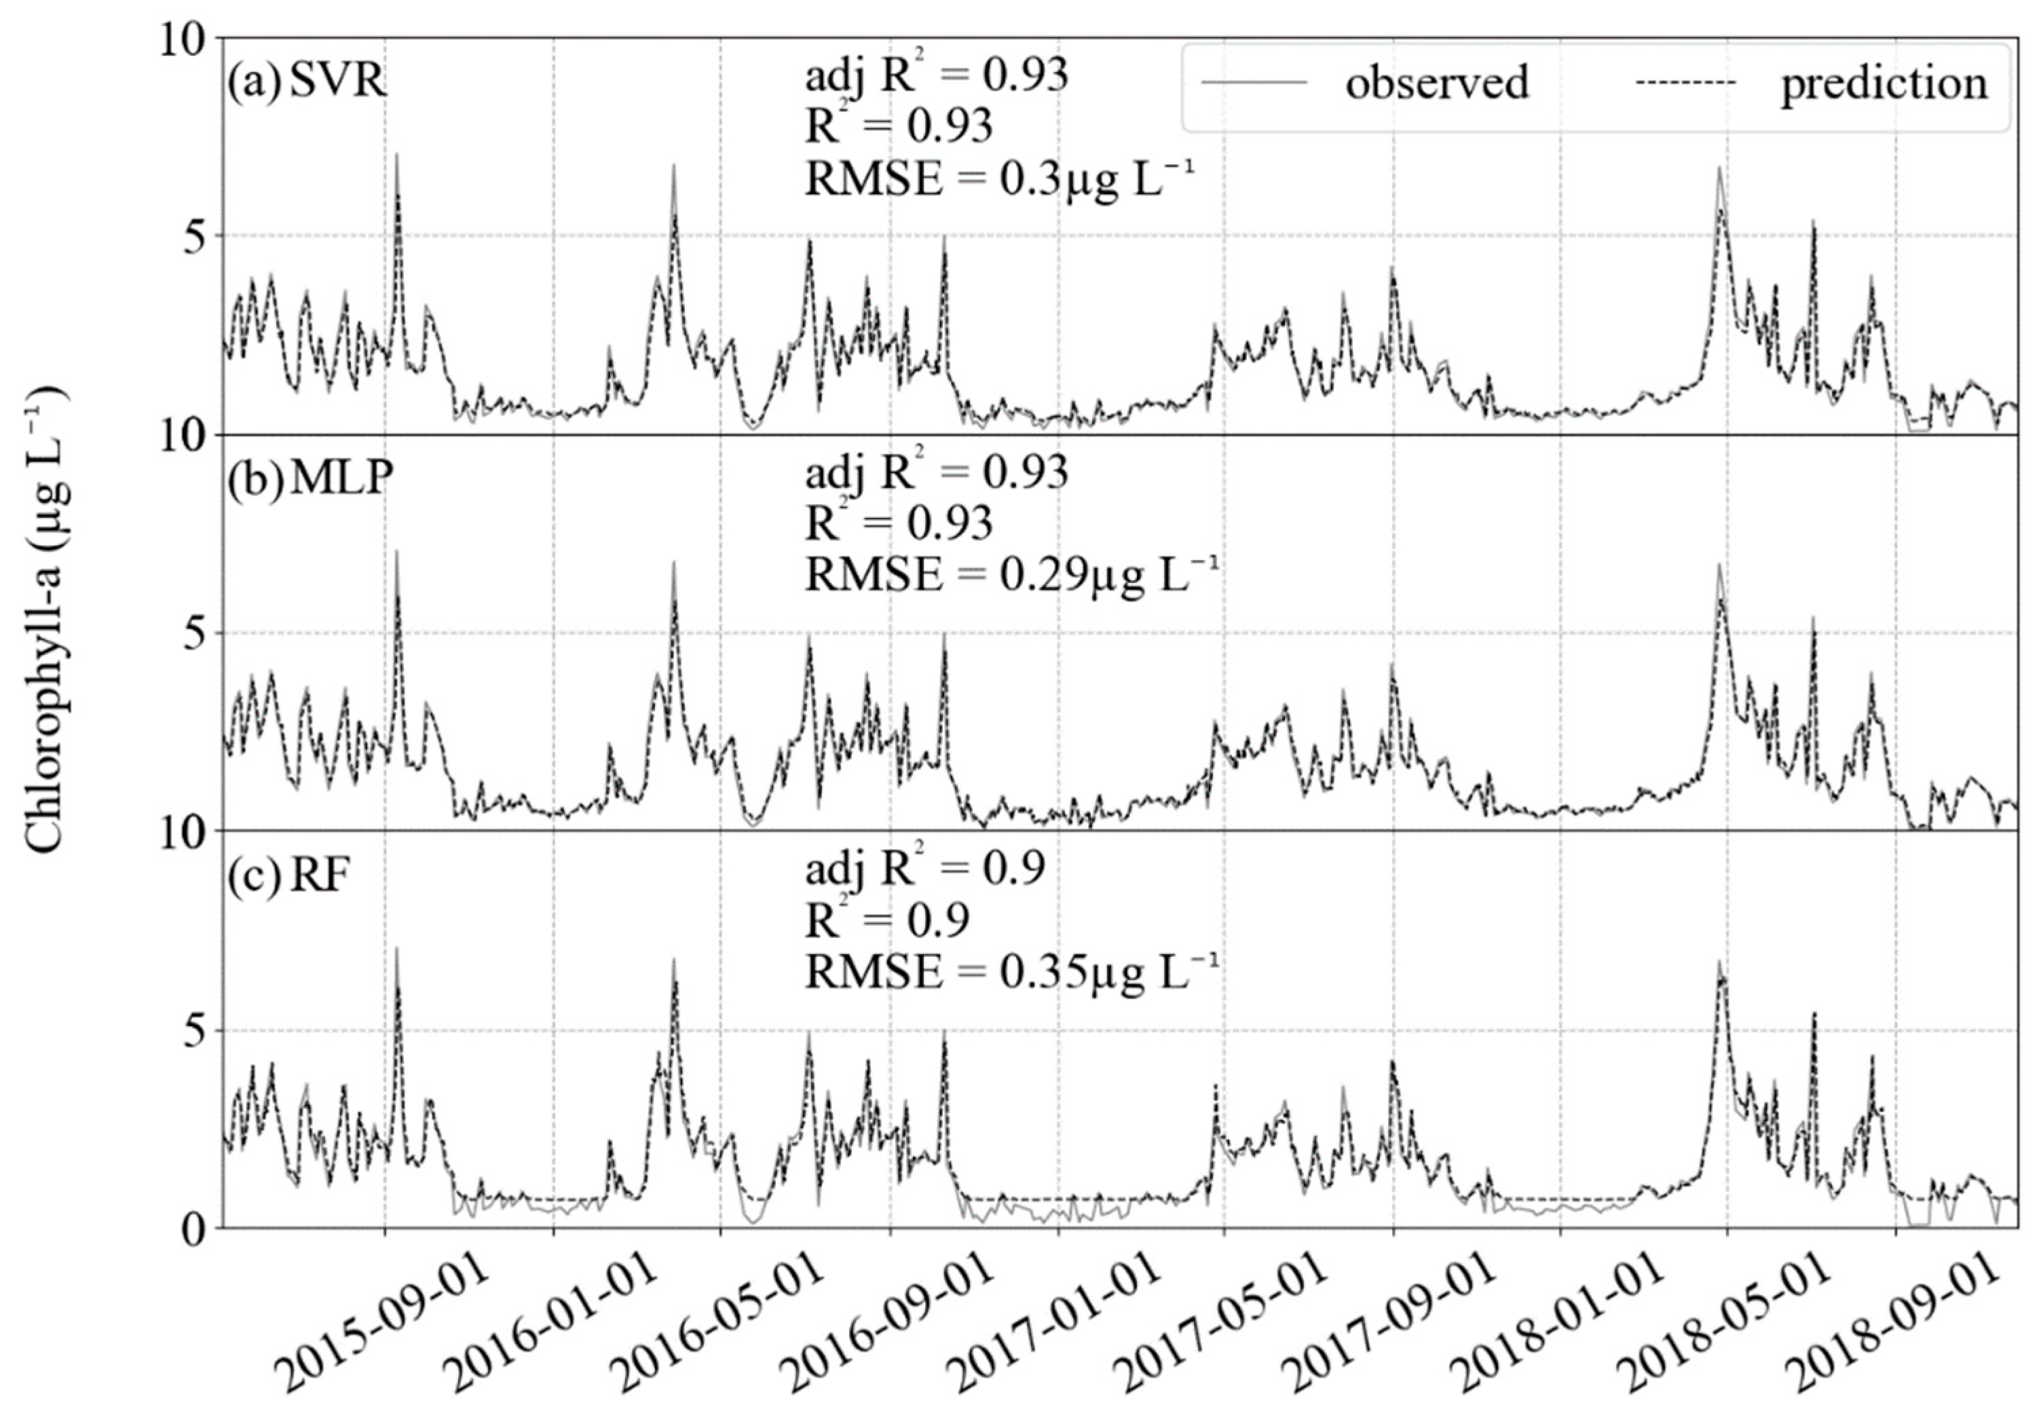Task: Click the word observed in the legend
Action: pos(1436,82)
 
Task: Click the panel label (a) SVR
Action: pos(306,82)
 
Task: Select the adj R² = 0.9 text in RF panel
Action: pos(924,869)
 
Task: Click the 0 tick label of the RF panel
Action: pos(197,1229)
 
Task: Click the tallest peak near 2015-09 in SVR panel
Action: pos(396,155)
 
